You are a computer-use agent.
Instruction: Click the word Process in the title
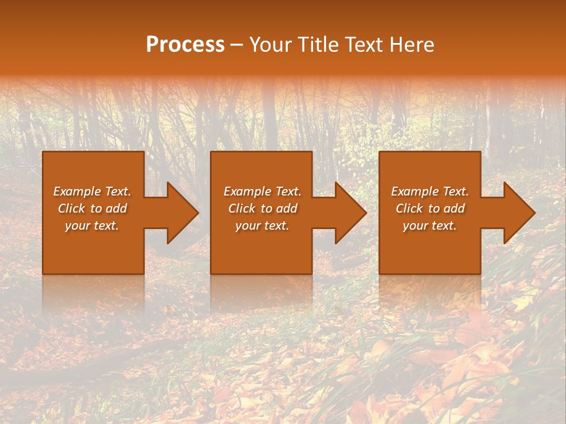click(185, 45)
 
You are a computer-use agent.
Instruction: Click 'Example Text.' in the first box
click(92, 191)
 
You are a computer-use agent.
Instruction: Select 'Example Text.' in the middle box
click(262, 191)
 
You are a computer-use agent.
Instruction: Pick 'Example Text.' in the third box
click(430, 191)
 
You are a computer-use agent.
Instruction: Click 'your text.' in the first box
click(92, 226)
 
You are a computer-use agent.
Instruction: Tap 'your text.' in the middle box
click(262, 226)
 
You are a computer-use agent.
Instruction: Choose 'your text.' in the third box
click(430, 226)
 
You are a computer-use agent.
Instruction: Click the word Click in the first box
click(72, 208)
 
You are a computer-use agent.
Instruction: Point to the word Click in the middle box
click(242, 208)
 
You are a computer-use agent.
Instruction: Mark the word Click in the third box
click(410, 208)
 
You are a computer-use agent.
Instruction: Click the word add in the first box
click(117, 208)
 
